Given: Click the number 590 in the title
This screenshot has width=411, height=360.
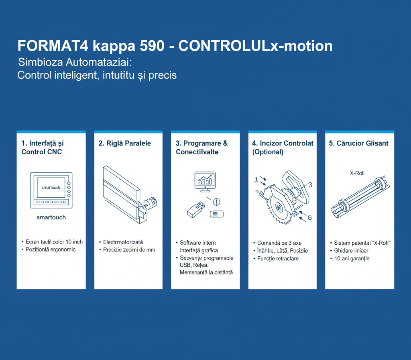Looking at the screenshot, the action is point(152,46).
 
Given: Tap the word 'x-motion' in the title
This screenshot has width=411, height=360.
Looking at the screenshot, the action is point(302,46).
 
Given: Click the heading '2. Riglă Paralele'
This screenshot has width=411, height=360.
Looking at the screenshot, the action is point(125,143).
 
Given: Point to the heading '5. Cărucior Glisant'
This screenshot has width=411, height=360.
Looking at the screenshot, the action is point(358,143).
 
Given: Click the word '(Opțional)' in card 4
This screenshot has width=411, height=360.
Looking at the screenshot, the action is point(268,152).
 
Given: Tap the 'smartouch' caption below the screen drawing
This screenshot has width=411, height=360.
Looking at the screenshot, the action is point(51,217).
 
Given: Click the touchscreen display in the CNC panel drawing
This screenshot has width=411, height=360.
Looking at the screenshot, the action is point(51,187).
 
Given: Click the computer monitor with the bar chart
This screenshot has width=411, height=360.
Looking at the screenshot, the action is point(205,182).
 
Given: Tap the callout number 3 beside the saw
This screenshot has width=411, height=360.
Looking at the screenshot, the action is point(310,185).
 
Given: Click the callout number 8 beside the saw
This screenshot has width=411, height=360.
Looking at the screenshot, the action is point(310,217).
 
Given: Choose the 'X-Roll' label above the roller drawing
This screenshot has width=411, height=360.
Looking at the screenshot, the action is point(357,173).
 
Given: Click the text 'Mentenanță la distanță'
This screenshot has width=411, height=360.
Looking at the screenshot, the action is point(206,272).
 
